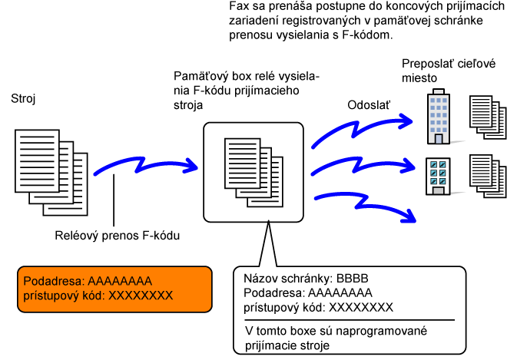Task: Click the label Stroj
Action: tap(23, 98)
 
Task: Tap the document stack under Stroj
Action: tap(51, 173)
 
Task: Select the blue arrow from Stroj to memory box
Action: tap(145, 165)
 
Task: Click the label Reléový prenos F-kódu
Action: tap(117, 236)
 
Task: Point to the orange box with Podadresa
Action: tap(114, 289)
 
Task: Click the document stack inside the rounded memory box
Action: tap(254, 173)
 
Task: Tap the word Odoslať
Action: tap(369, 105)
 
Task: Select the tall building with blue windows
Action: tap(439, 117)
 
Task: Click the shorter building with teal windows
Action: tap(438, 177)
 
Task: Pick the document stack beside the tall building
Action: tap(488, 117)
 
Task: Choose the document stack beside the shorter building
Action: tap(488, 177)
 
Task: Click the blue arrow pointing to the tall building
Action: tap(361, 129)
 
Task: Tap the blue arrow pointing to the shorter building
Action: tap(363, 166)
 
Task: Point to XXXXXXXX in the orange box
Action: tap(141, 296)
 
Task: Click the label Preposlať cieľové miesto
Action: tap(449, 71)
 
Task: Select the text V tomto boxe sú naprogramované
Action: tap(336, 331)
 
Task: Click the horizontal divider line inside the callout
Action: tap(350, 320)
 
